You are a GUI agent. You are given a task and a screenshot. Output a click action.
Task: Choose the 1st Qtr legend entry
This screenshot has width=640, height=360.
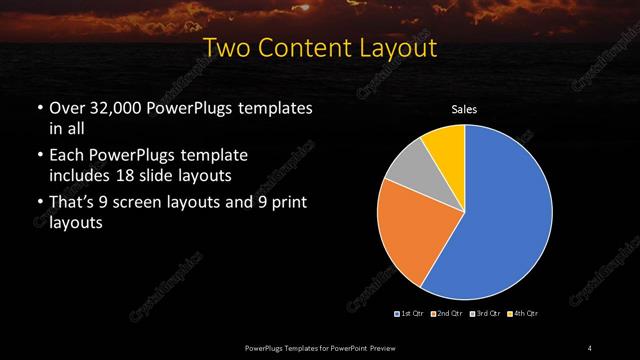411,315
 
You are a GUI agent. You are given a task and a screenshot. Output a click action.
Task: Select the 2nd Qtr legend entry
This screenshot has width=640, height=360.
446,315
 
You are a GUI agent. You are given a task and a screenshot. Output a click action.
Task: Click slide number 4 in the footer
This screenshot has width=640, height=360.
590,347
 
